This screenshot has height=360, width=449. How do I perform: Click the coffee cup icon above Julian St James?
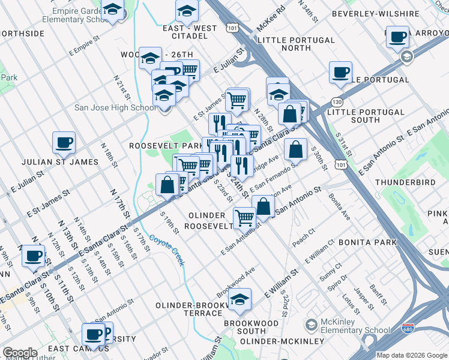point(64,142)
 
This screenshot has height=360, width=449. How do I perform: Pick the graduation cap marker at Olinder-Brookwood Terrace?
point(240,299)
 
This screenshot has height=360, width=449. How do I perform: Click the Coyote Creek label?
point(167,248)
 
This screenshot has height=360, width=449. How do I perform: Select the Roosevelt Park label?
point(158,146)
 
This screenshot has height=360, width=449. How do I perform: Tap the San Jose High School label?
point(115,108)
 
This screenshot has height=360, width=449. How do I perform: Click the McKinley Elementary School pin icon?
point(311,325)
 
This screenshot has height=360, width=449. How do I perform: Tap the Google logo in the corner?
point(20,353)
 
